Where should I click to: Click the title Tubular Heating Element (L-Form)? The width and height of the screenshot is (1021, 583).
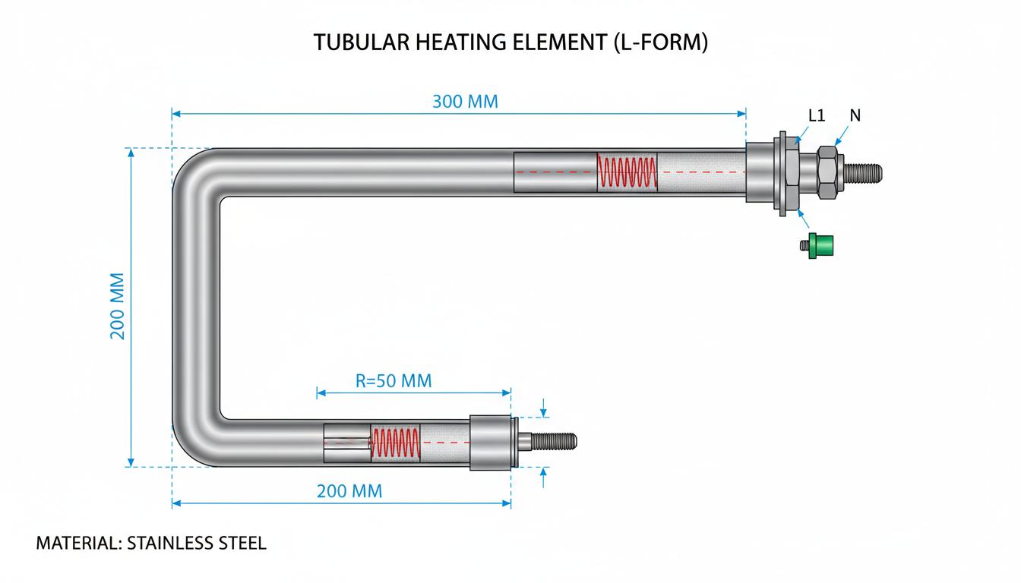(x=510, y=43)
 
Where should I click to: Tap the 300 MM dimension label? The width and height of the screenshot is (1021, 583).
(x=465, y=101)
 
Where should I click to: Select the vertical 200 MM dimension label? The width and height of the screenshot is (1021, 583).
(x=117, y=306)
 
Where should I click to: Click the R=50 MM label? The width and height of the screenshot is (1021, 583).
(x=394, y=381)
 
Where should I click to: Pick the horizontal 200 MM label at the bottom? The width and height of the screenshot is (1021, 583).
(x=349, y=491)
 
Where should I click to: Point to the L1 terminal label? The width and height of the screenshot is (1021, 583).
(x=817, y=115)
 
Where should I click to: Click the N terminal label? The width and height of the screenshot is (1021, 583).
(x=855, y=115)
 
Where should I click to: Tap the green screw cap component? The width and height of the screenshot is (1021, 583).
(x=817, y=245)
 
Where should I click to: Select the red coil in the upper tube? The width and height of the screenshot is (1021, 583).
(x=627, y=172)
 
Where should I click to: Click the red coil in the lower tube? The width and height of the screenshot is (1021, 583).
(x=396, y=443)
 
